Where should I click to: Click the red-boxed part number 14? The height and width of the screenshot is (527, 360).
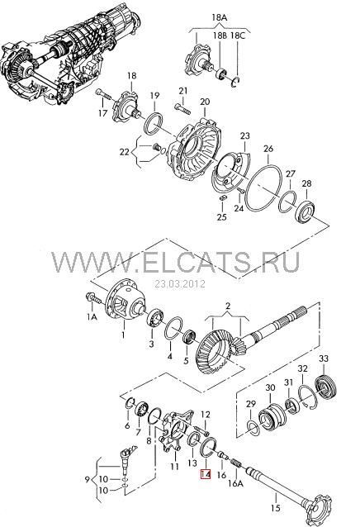point(206,473)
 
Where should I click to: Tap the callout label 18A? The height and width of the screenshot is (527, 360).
point(219,17)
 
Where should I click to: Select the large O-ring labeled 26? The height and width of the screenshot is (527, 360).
point(263,188)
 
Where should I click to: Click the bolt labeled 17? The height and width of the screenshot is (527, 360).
point(103,94)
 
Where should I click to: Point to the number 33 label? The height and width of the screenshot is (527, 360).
point(323,358)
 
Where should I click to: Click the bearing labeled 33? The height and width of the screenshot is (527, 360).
point(325,387)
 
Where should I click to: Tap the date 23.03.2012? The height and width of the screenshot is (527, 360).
point(180,283)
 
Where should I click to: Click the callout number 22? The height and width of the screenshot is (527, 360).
point(124,152)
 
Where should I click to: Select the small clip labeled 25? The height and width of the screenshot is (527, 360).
point(222,197)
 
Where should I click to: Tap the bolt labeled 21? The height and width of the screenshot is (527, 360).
point(182,108)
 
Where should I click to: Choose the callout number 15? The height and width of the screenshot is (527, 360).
point(276,507)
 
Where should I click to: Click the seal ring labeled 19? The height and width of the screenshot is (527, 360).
point(154,124)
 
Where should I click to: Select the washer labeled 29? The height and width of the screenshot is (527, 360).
point(253,427)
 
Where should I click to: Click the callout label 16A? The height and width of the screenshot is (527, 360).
point(235,483)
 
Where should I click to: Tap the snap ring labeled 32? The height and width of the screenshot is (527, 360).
point(308,397)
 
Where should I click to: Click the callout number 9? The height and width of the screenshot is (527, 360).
point(88,479)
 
